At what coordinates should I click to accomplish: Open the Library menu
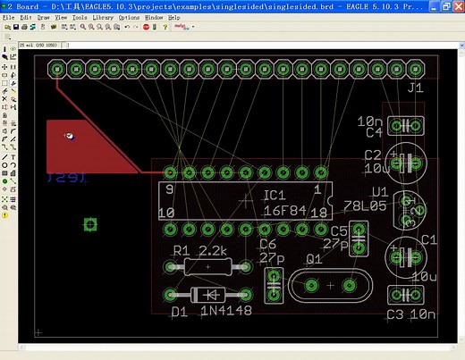[103, 17]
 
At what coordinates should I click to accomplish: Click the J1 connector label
[414, 88]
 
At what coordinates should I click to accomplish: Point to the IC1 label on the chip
[274, 195]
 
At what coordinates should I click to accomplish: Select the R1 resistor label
[182, 250]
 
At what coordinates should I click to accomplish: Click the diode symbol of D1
[210, 294]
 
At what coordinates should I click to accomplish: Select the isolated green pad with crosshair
[89, 223]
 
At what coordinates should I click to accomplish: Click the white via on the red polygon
[69, 136]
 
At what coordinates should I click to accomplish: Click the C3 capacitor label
[394, 314]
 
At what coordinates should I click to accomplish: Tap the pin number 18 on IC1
[319, 213]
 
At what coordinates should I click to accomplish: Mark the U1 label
[380, 191]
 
